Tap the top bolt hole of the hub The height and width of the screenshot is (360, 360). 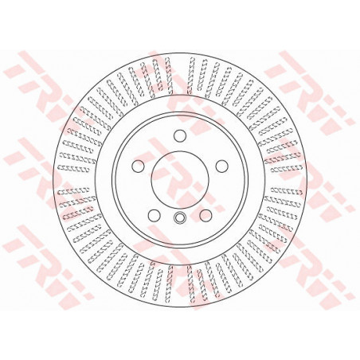click(180, 135)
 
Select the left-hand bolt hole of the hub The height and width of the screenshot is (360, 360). click(138, 166)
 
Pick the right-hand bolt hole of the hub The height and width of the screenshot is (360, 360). click(222, 166)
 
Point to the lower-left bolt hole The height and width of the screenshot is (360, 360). click(155, 215)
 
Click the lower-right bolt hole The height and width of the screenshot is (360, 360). click(205, 215)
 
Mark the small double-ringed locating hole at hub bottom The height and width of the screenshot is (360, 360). click(180, 217)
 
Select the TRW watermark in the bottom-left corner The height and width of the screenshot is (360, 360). click(48, 265)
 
